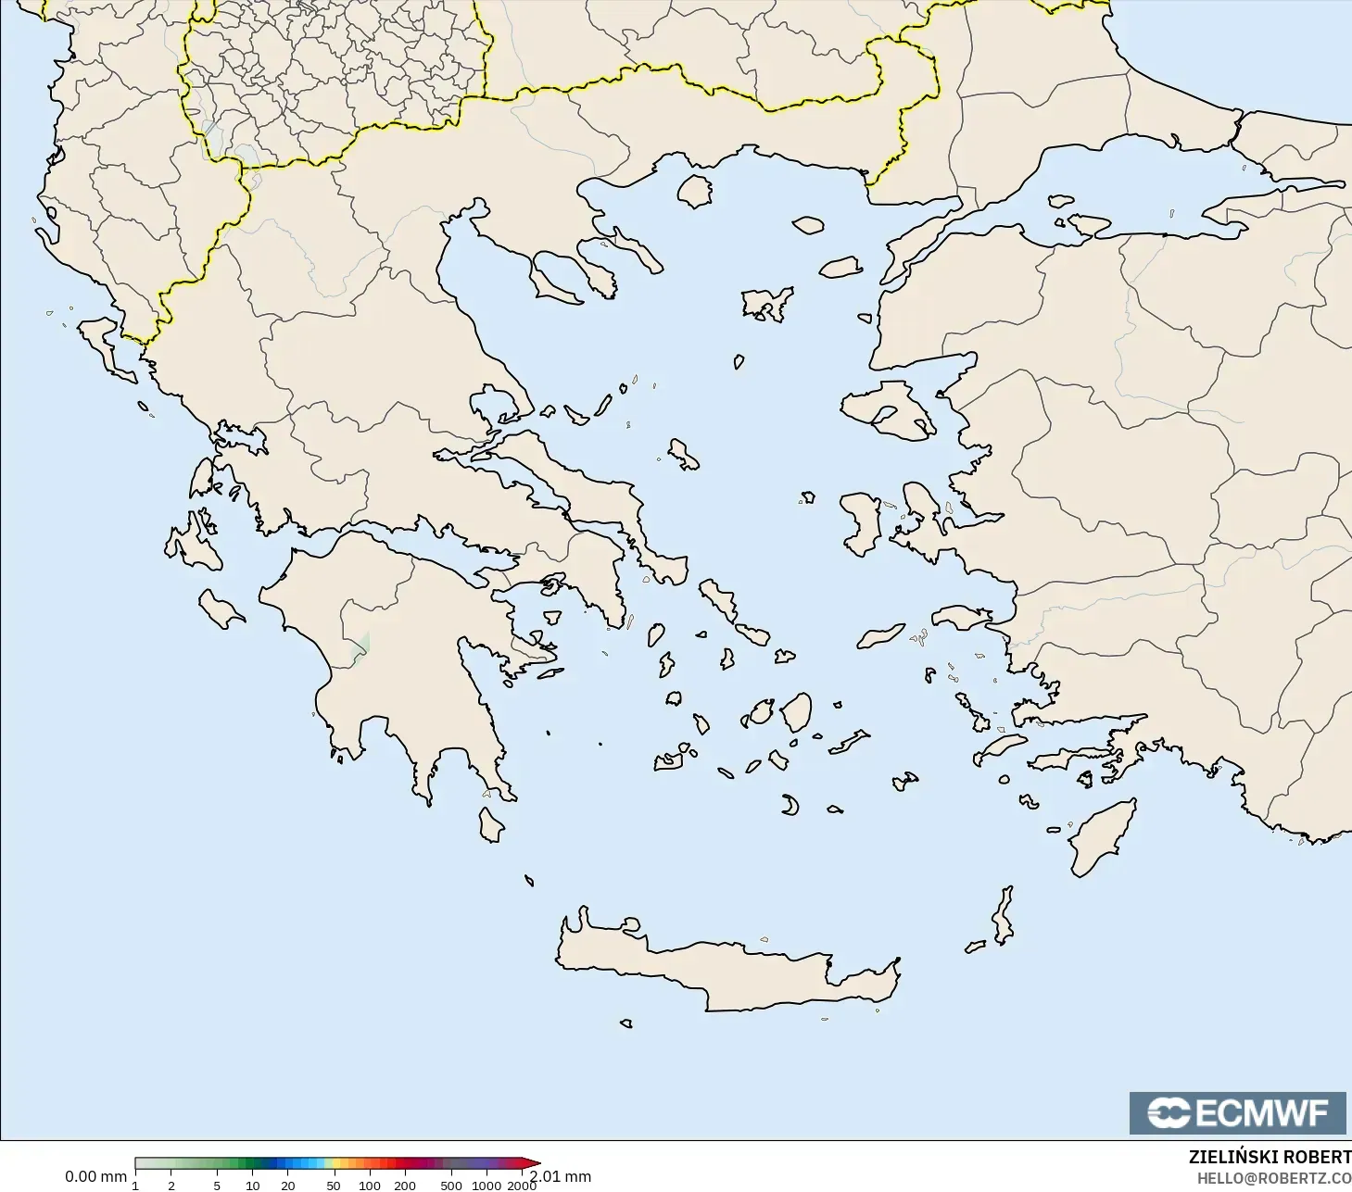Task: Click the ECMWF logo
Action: tap(1237, 1112)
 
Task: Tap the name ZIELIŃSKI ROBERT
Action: tap(1270, 1157)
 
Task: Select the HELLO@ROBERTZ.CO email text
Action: tap(1273, 1178)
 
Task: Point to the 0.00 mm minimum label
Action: tap(95, 1176)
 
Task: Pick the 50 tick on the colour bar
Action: tap(334, 1185)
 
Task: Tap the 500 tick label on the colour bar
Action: tap(451, 1185)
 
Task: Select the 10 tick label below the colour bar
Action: tap(252, 1185)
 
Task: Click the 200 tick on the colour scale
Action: tap(405, 1185)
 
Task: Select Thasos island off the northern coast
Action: tap(694, 191)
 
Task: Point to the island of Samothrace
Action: tap(808, 225)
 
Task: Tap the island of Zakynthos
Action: tap(221, 608)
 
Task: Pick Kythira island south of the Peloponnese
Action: tap(491, 824)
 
